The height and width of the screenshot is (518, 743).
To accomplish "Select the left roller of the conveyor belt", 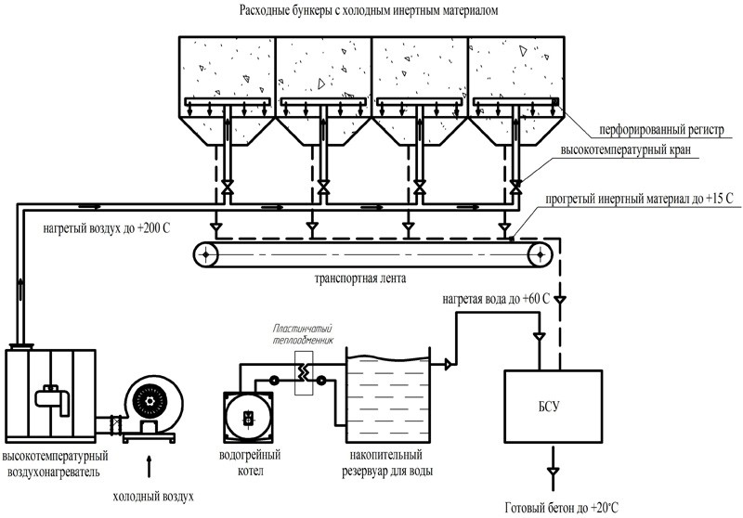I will pos(203,253).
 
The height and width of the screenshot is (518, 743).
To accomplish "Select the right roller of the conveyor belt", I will pos(536,253).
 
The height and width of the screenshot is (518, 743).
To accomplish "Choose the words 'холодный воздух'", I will pos(153,497).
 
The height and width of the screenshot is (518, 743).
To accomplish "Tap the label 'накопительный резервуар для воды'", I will pos(387,464).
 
